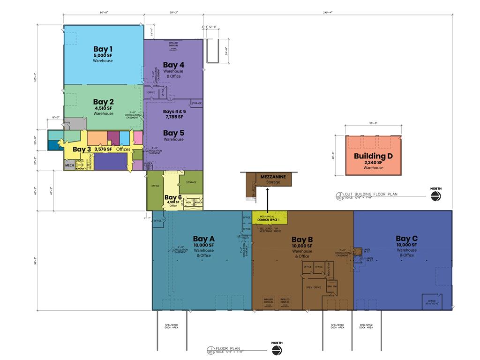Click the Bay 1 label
pyautogui.click(x=103, y=49)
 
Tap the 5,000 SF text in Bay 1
pyautogui.click(x=103, y=55)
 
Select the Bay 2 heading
pyautogui.click(x=103, y=101)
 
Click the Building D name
pyautogui.click(x=373, y=156)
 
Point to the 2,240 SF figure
pyautogui.click(x=373, y=162)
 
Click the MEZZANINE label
pyautogui.click(x=273, y=176)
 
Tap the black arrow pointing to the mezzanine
pyautogui.click(x=267, y=199)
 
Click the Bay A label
pyautogui.click(x=203, y=239)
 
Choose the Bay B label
pyautogui.click(x=302, y=240)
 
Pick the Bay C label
pyautogui.click(x=406, y=239)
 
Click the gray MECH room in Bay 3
pyautogui.click(x=69, y=165)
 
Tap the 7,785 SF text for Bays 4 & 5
pyautogui.click(x=173, y=117)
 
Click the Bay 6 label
pyautogui.click(x=173, y=197)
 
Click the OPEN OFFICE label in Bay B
pyautogui.click(x=313, y=287)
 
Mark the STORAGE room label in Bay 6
pyautogui.click(x=191, y=182)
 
